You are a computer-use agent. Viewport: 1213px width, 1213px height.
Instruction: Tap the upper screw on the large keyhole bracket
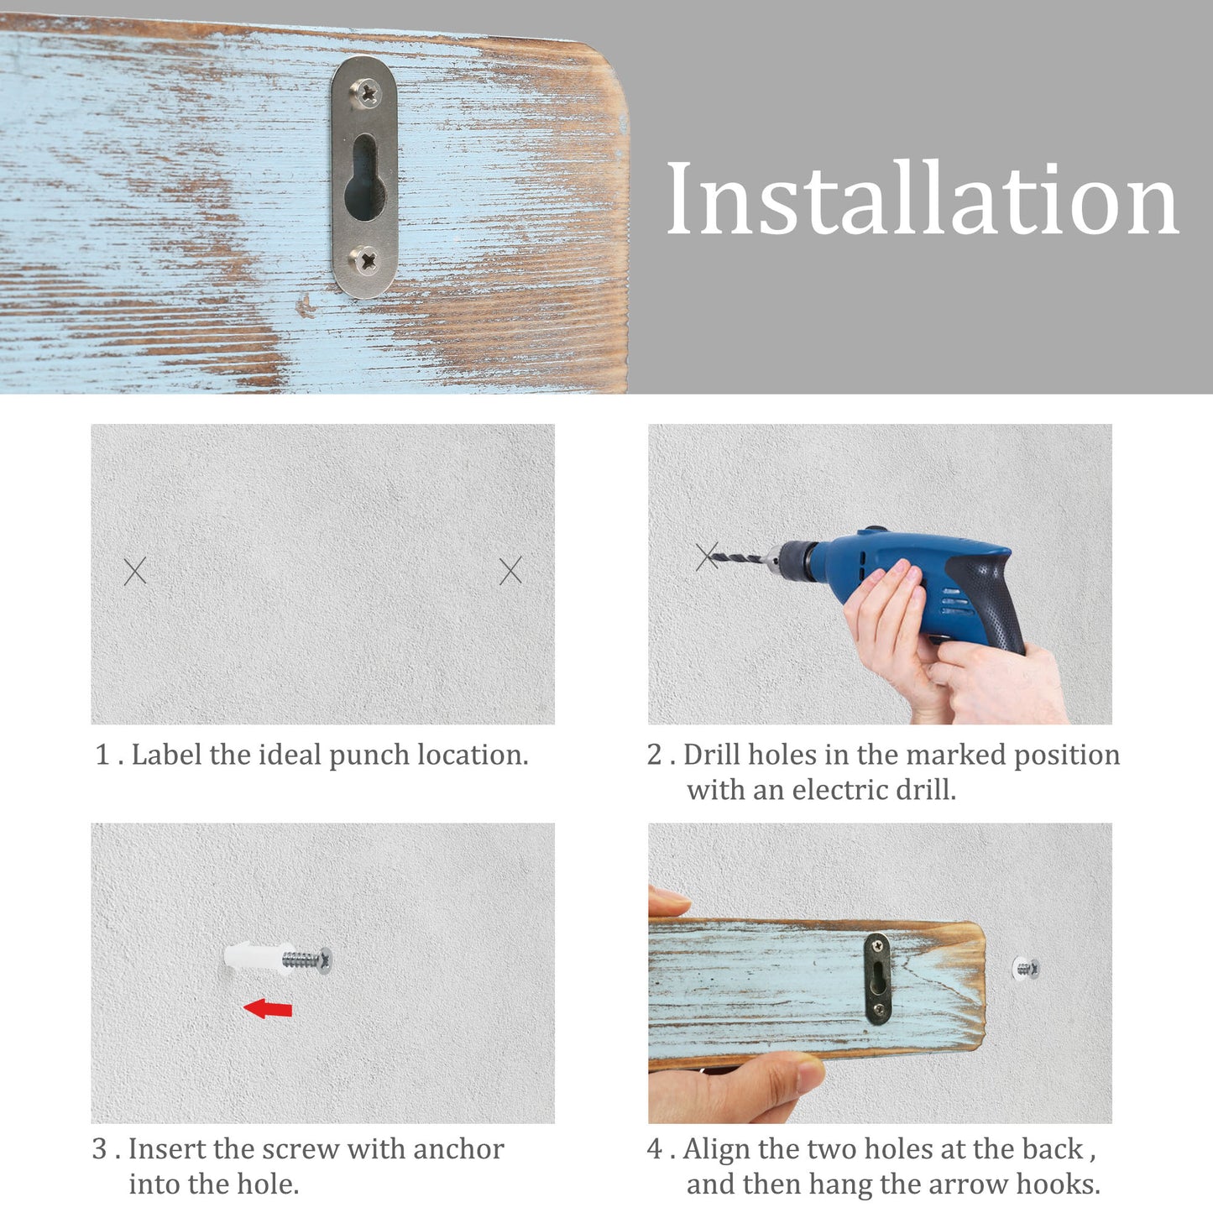tap(366, 93)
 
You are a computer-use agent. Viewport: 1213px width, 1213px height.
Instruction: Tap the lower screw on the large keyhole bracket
tap(366, 259)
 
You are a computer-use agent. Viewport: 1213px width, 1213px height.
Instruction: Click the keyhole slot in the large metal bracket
tap(364, 177)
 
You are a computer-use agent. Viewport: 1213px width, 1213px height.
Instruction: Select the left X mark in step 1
tap(134, 571)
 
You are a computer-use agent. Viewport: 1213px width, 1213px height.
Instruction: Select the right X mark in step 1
tap(510, 570)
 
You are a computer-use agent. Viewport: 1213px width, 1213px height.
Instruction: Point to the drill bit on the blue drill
tap(740, 558)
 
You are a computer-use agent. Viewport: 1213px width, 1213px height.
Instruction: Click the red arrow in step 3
tap(268, 1008)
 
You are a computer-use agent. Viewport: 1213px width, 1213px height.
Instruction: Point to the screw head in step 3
tap(325, 960)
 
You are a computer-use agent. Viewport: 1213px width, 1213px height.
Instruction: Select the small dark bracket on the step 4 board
tap(877, 979)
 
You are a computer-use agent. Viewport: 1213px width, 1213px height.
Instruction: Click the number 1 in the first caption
tap(102, 755)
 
